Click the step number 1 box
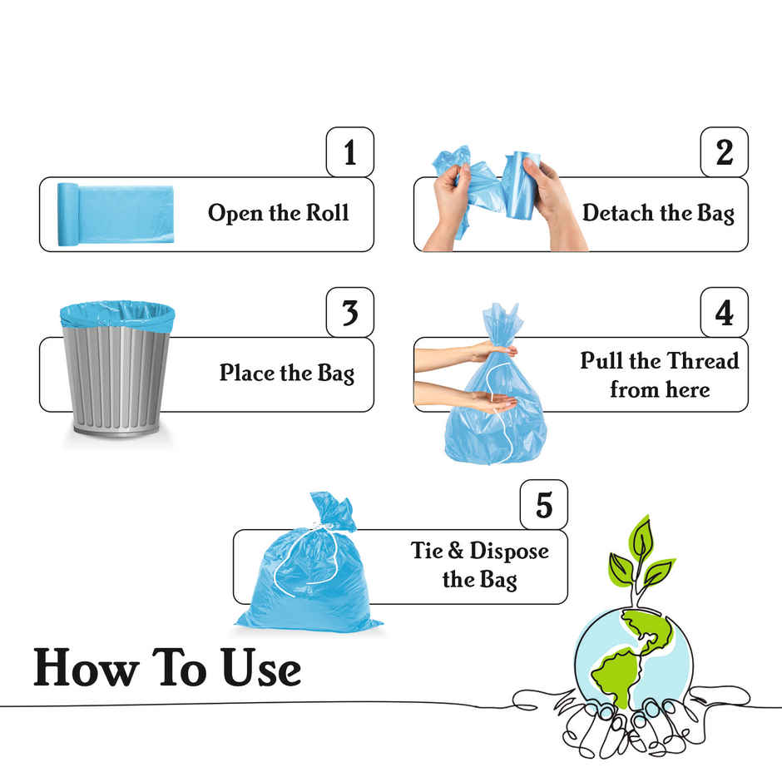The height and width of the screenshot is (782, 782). click(x=349, y=152)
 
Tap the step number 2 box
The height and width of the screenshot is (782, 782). click(x=724, y=152)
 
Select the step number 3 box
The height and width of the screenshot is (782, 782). click(x=349, y=313)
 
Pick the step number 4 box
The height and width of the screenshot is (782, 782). click(x=724, y=313)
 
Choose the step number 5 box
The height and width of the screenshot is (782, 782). click(x=543, y=505)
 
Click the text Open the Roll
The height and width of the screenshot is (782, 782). click(x=278, y=213)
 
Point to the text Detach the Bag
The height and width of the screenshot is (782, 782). click(x=657, y=213)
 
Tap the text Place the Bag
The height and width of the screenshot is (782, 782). click(x=286, y=373)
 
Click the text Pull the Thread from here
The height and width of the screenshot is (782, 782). click(x=659, y=375)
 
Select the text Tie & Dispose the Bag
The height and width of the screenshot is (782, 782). click(x=480, y=565)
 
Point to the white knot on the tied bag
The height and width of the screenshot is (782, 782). click(x=323, y=527)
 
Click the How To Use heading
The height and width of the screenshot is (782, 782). click(x=167, y=668)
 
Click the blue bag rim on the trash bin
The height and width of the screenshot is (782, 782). click(x=117, y=315)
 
